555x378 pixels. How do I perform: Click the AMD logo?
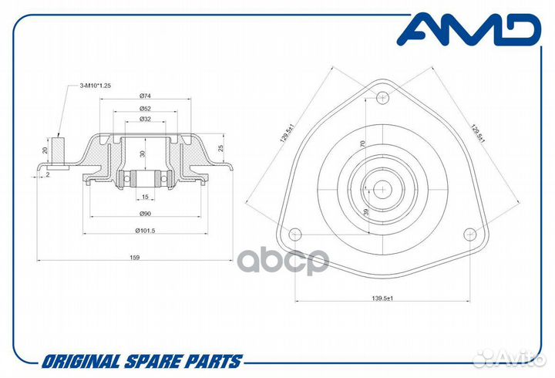[468, 29]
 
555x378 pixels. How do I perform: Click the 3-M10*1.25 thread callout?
[96, 86]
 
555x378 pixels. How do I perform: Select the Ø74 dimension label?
[145, 96]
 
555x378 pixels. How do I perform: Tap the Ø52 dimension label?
[145, 108]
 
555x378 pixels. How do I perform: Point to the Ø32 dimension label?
[145, 119]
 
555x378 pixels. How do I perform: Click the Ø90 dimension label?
[145, 213]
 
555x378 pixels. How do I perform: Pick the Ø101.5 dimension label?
[145, 231]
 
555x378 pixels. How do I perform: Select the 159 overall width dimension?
[134, 258]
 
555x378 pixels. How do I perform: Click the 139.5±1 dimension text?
[382, 299]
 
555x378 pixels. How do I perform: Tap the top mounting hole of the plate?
[382, 96]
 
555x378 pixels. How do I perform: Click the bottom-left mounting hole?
[294, 235]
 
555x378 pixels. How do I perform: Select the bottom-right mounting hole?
[469, 235]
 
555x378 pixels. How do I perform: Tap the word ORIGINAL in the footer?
[81, 362]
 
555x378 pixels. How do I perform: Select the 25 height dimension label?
[221, 148]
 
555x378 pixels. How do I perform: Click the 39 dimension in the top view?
[366, 212]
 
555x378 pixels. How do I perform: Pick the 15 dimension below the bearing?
[145, 197]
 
